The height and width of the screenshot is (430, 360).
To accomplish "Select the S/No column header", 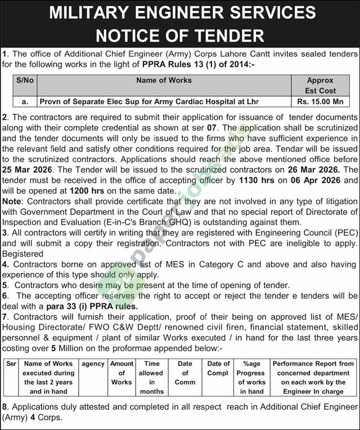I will (x=25, y=80).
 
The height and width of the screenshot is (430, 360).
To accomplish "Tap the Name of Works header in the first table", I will (x=164, y=80).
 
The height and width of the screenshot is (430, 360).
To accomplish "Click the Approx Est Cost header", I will (x=320, y=86).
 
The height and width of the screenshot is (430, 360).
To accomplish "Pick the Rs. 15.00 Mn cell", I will (x=320, y=102).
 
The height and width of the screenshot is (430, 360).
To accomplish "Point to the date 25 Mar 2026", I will (x=28, y=169).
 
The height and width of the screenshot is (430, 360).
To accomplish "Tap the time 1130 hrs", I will (x=244, y=180).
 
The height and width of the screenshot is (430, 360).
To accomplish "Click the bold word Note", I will (x=12, y=201).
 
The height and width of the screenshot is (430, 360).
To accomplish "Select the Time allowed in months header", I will (x=152, y=377).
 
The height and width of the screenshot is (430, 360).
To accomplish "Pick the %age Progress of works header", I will (x=251, y=377).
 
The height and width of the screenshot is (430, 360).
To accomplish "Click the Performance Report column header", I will (x=313, y=377).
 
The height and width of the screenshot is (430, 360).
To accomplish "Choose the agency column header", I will (x=93, y=364).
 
